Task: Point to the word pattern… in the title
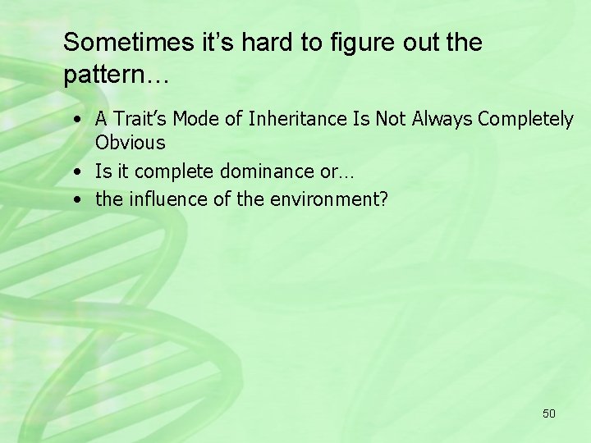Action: coord(116,75)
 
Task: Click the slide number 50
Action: coord(548,413)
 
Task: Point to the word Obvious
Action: coord(130,143)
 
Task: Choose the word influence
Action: coord(160,199)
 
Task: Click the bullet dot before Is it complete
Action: coord(76,172)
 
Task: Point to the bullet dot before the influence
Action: coord(76,199)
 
